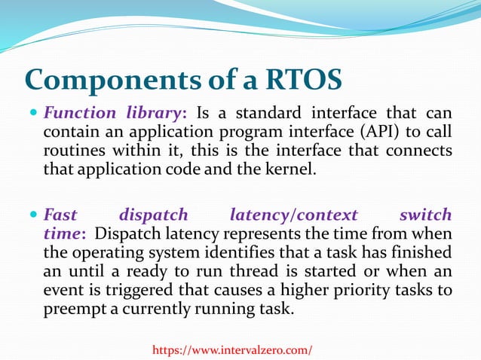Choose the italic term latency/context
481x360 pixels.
coord(286,215)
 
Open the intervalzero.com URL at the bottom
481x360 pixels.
coord(232,349)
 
